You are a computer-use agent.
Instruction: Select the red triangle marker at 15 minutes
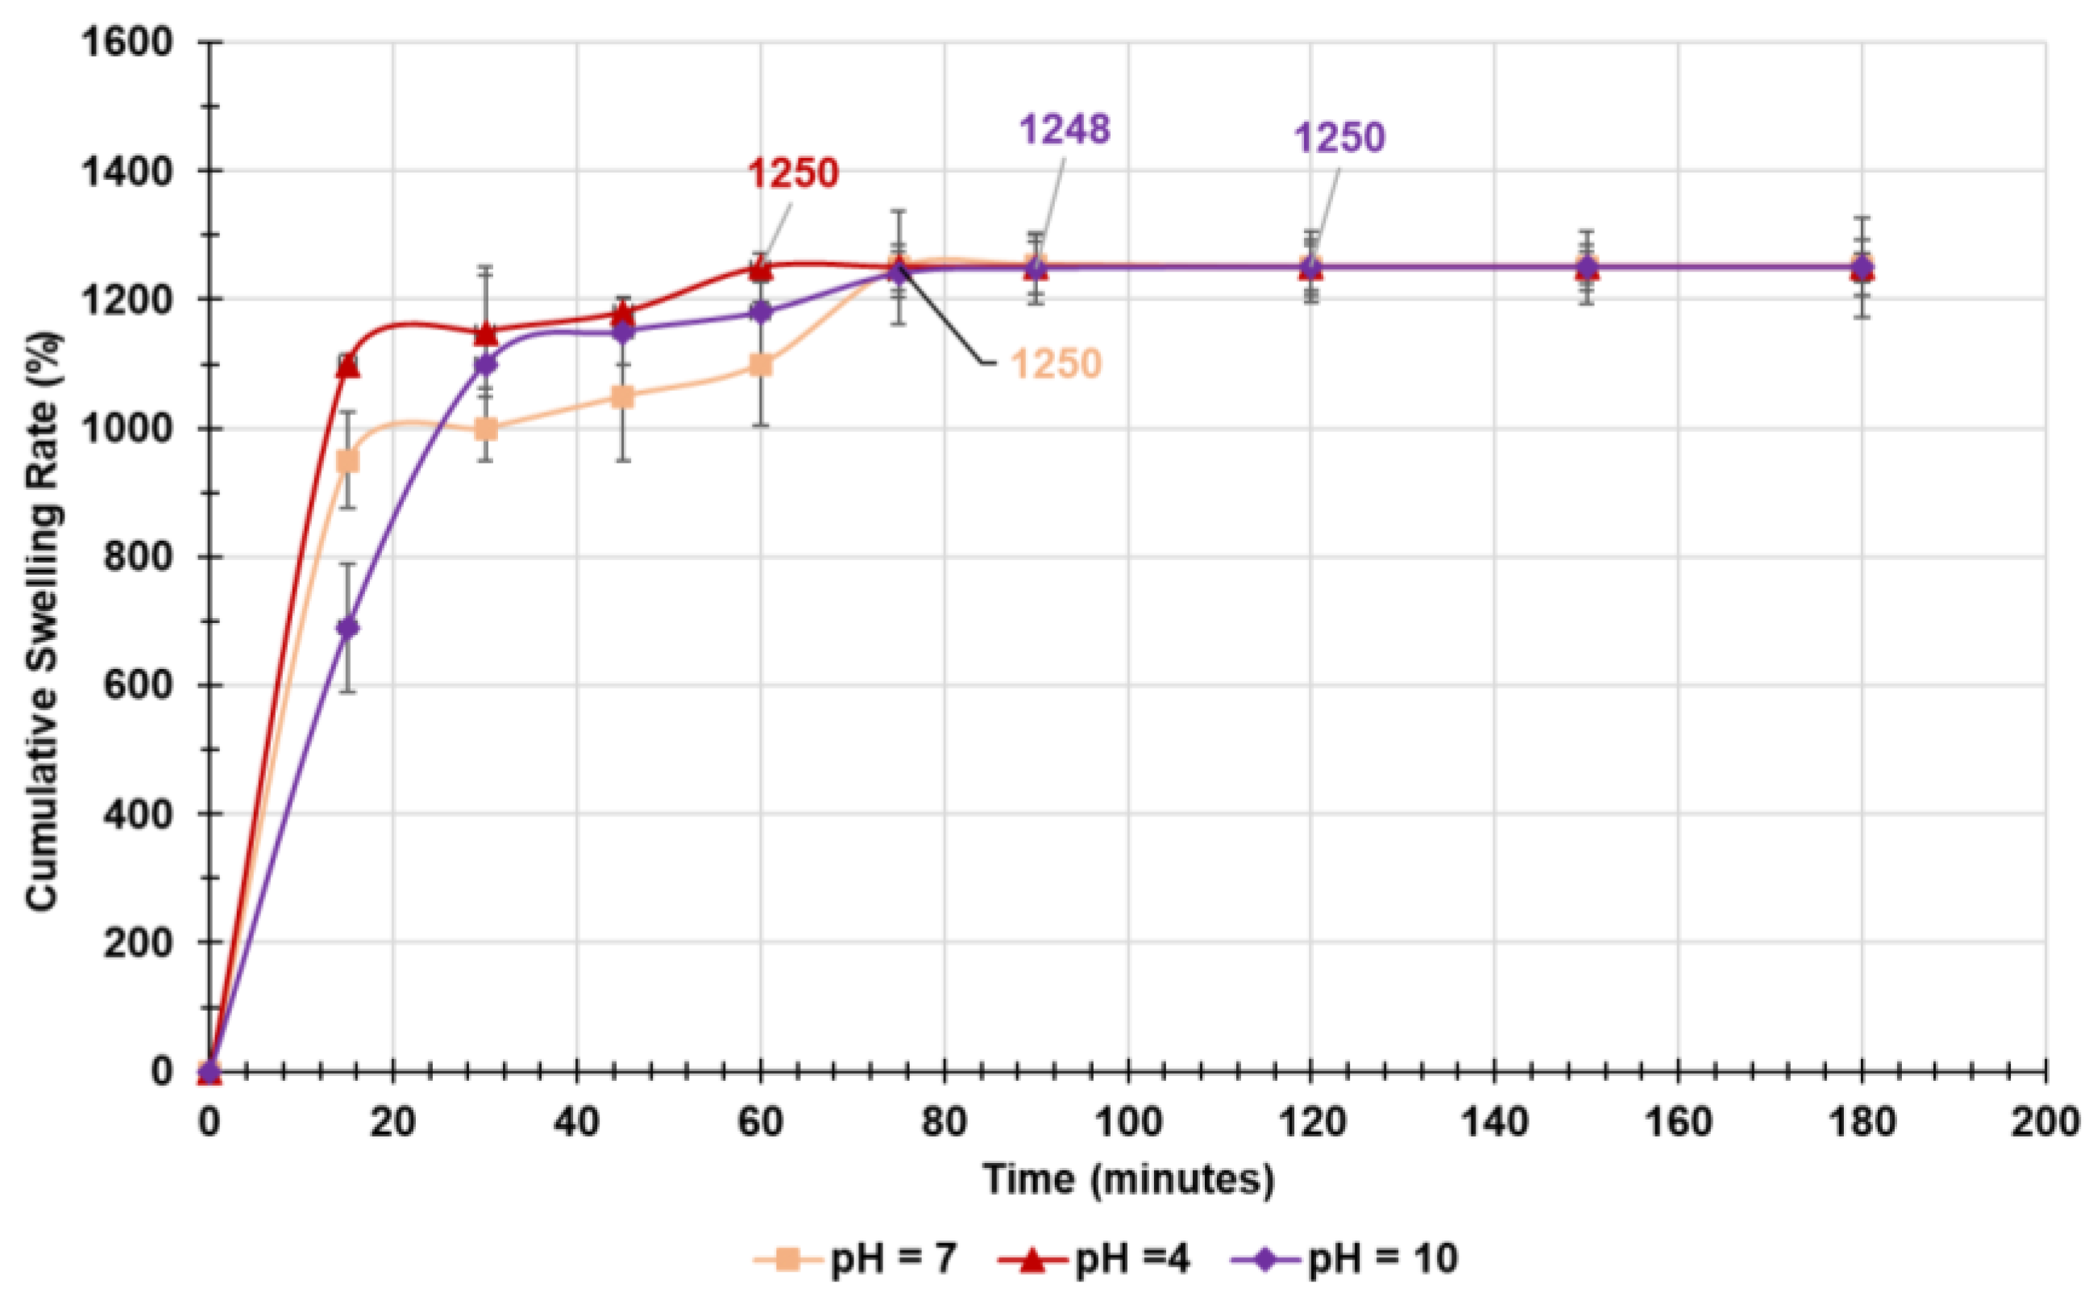pyautogui.click(x=348, y=366)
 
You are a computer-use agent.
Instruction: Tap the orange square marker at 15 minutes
pyautogui.click(x=347, y=462)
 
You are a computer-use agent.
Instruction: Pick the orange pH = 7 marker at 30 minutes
pyautogui.click(x=486, y=429)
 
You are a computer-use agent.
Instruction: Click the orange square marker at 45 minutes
pyautogui.click(x=623, y=396)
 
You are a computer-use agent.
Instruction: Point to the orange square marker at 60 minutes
pyautogui.click(x=761, y=365)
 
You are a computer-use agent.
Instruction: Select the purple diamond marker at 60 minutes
pyautogui.click(x=761, y=312)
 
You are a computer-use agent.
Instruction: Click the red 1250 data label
pyautogui.click(x=793, y=173)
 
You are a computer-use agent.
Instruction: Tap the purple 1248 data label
pyautogui.click(x=1065, y=131)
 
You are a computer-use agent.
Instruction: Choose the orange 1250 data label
pyautogui.click(x=1056, y=364)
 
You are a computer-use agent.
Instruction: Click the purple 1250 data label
pyautogui.click(x=1339, y=138)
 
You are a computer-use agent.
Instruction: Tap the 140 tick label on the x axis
pyautogui.click(x=1493, y=1121)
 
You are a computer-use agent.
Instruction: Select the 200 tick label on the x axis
pyautogui.click(x=2044, y=1121)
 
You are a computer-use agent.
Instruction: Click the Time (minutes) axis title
pyautogui.click(x=1127, y=1179)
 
